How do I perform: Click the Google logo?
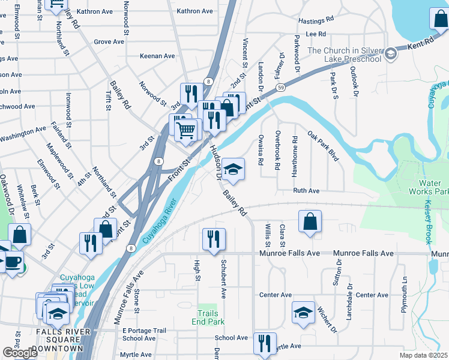point(20,353)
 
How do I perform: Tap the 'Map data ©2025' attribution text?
point(424,355)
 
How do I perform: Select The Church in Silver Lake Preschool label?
point(344,55)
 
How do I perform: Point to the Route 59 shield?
point(280,88)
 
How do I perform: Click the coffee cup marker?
point(12,262)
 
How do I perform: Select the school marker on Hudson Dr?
point(233,170)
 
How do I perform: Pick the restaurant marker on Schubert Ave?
point(214,240)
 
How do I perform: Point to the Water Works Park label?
point(433,187)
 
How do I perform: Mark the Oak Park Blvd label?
point(324,146)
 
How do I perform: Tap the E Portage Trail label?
point(144,331)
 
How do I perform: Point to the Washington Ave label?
point(23,133)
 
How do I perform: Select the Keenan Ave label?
point(157,56)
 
